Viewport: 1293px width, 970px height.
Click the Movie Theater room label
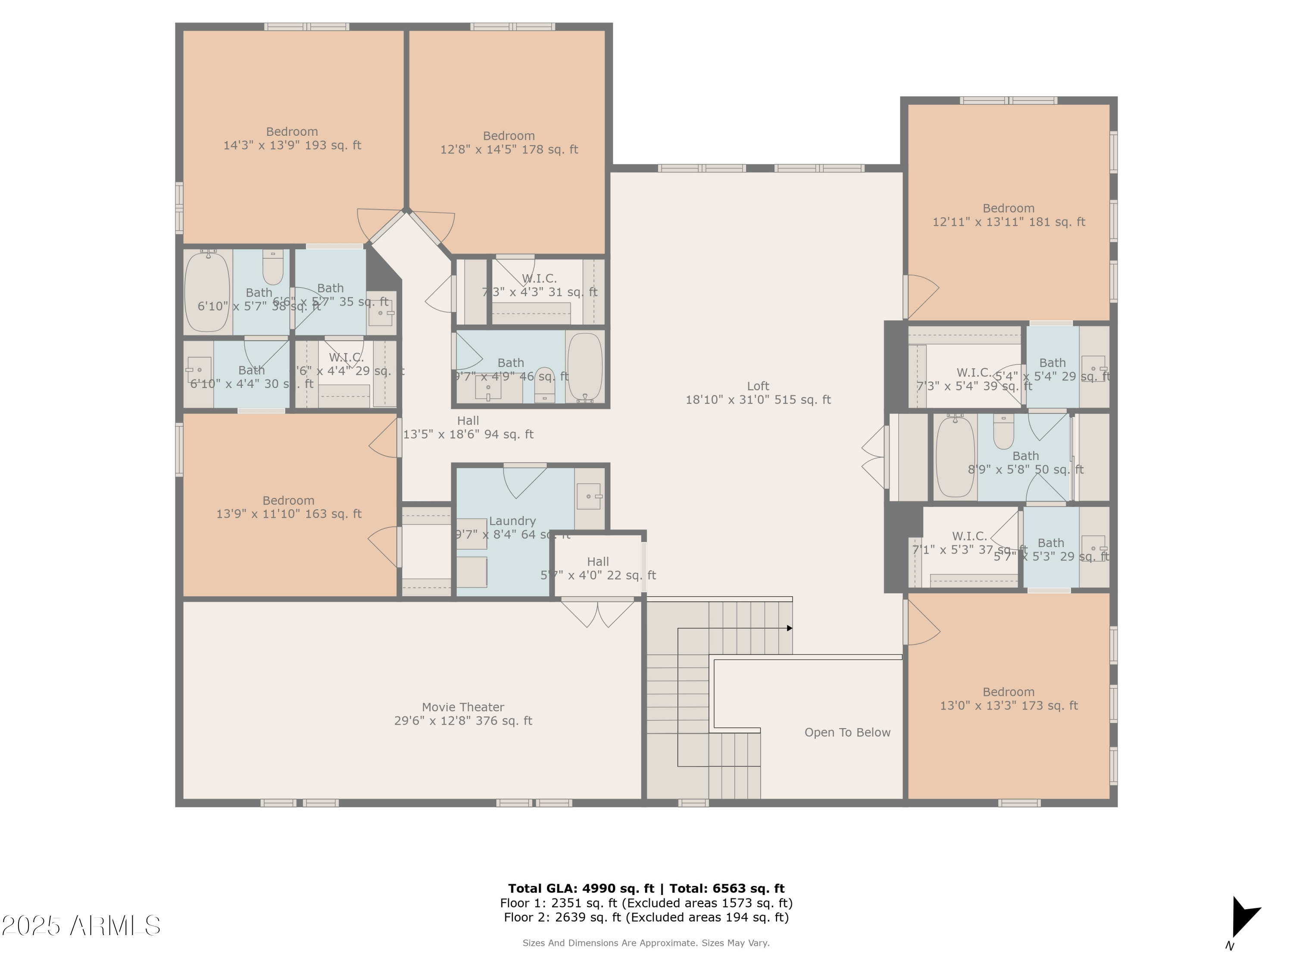click(463, 714)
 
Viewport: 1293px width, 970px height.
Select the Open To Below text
click(847, 732)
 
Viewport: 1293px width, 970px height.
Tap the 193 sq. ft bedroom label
click(292, 138)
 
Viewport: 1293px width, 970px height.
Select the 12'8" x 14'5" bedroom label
click(509, 143)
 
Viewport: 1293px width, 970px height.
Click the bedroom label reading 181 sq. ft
click(1009, 215)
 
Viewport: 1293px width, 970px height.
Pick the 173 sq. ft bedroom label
click(1009, 699)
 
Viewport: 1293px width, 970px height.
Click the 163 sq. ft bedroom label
click(289, 507)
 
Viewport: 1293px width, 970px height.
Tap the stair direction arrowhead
click(789, 629)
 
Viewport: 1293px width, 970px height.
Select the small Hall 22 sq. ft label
click(598, 568)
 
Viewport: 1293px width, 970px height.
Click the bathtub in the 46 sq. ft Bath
click(584, 367)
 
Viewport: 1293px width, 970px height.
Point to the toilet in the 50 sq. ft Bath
click(1004, 432)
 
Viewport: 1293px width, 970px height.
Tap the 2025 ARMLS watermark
click(81, 926)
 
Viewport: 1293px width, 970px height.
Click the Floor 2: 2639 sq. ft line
click(646, 917)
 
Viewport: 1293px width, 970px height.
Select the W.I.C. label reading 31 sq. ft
click(539, 285)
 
